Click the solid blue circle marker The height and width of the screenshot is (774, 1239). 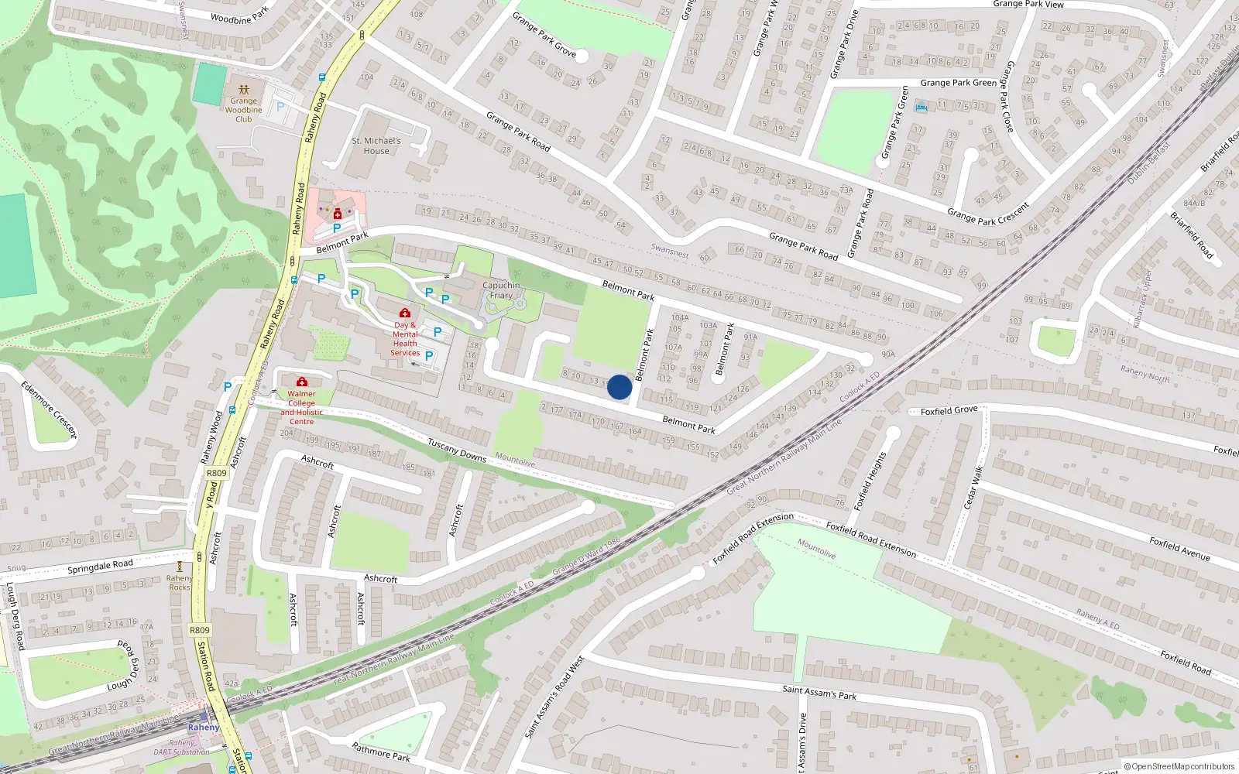click(619, 387)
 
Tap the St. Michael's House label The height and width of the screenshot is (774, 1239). click(376, 146)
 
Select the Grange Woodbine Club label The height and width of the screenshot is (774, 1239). click(243, 110)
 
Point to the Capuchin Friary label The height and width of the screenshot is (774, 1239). click(501, 290)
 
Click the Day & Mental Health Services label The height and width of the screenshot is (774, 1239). click(405, 339)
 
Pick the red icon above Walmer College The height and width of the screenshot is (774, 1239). click(302, 382)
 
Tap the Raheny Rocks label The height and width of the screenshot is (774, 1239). click(180, 583)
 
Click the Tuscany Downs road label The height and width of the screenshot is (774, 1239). click(457, 451)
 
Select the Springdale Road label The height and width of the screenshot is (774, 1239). click(100, 567)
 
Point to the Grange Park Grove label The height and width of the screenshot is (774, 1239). click(544, 35)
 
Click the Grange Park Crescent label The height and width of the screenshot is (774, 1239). click(988, 214)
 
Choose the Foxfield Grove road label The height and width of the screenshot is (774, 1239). click(949, 410)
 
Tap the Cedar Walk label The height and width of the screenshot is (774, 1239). click(973, 487)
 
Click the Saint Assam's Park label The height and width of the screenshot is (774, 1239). click(819, 691)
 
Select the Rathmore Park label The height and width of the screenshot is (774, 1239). click(380, 752)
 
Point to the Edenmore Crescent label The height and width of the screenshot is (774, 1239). click(50, 409)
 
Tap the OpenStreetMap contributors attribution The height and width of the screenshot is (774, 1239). click(1179, 766)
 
